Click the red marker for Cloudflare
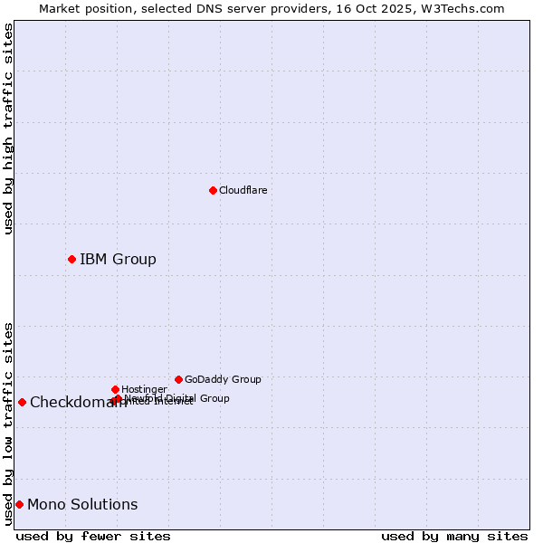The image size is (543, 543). point(213,190)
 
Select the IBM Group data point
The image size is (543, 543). point(71,259)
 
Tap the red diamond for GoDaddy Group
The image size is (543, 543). point(178,379)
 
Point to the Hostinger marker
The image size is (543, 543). point(115,389)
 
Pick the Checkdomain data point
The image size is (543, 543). point(22,402)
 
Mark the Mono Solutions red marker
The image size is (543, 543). point(19,504)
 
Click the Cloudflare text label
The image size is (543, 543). point(243,190)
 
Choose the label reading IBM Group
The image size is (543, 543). point(118,260)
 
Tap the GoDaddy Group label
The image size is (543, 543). point(223,379)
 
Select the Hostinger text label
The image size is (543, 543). point(144,389)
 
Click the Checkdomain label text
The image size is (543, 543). point(78,403)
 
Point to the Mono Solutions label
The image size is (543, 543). point(82,505)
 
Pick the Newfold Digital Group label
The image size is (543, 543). point(177,397)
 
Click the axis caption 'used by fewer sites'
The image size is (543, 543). point(93,536)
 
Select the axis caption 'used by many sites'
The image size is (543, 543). point(454,536)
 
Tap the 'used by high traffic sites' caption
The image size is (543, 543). point(8,129)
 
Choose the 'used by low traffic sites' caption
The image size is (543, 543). point(8,423)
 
